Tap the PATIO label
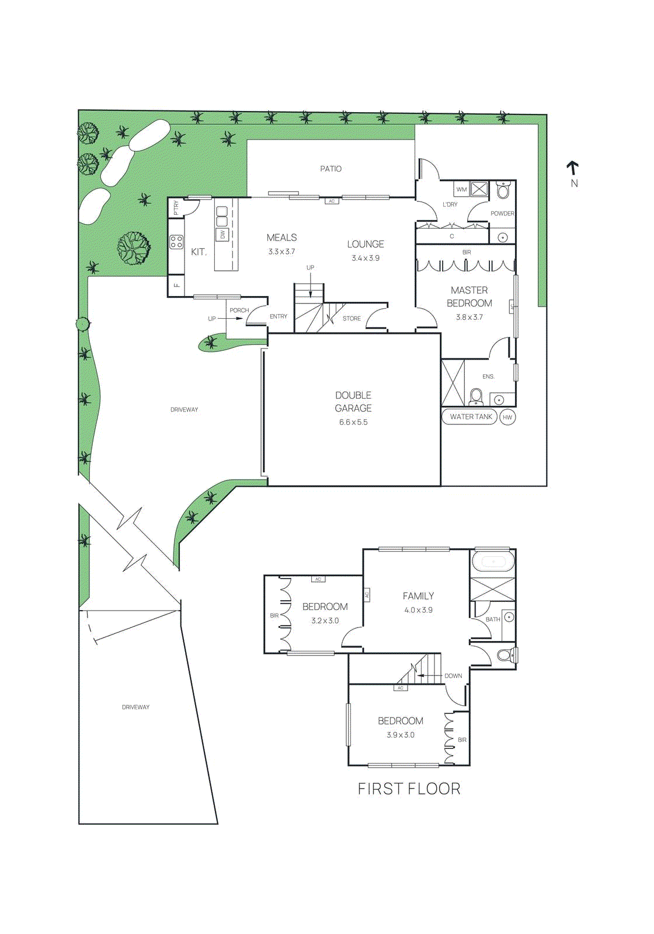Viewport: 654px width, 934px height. pos(331,169)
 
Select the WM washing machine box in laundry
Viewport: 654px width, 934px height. pos(461,189)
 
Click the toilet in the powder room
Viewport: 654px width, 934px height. pos(503,190)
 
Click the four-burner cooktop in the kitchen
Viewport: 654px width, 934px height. pos(176,242)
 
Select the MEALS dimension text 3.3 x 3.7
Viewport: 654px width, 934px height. pos(281,252)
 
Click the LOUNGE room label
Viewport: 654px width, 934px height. pos(366,244)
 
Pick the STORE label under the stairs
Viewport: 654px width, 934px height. pos(352,319)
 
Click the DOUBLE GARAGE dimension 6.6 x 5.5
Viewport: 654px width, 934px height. pos(353,423)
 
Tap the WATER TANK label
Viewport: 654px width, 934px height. pos(471,417)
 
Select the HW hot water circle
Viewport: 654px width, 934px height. pos(507,417)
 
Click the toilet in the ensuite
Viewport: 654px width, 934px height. pos(475,397)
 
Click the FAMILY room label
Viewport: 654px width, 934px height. pos(418,596)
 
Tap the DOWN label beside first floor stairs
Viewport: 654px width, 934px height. pos(453,676)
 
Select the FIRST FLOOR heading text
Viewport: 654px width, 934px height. pos(409,789)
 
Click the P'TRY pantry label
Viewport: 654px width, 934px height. pos(176,208)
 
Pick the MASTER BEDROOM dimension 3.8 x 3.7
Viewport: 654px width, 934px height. pos(469,318)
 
